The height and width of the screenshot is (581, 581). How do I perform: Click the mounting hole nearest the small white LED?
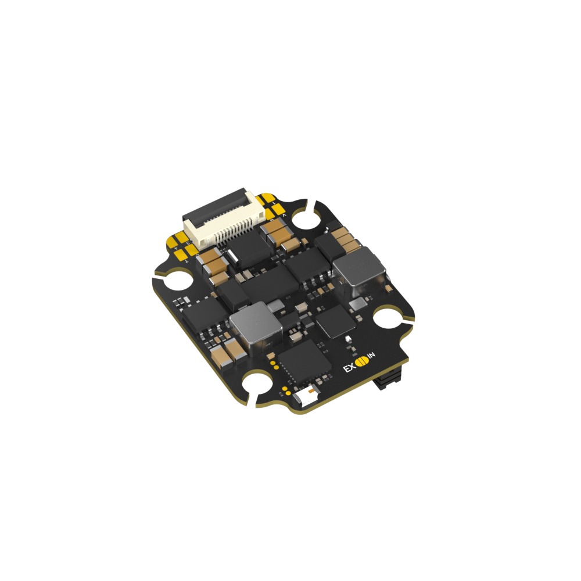click(254, 387)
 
